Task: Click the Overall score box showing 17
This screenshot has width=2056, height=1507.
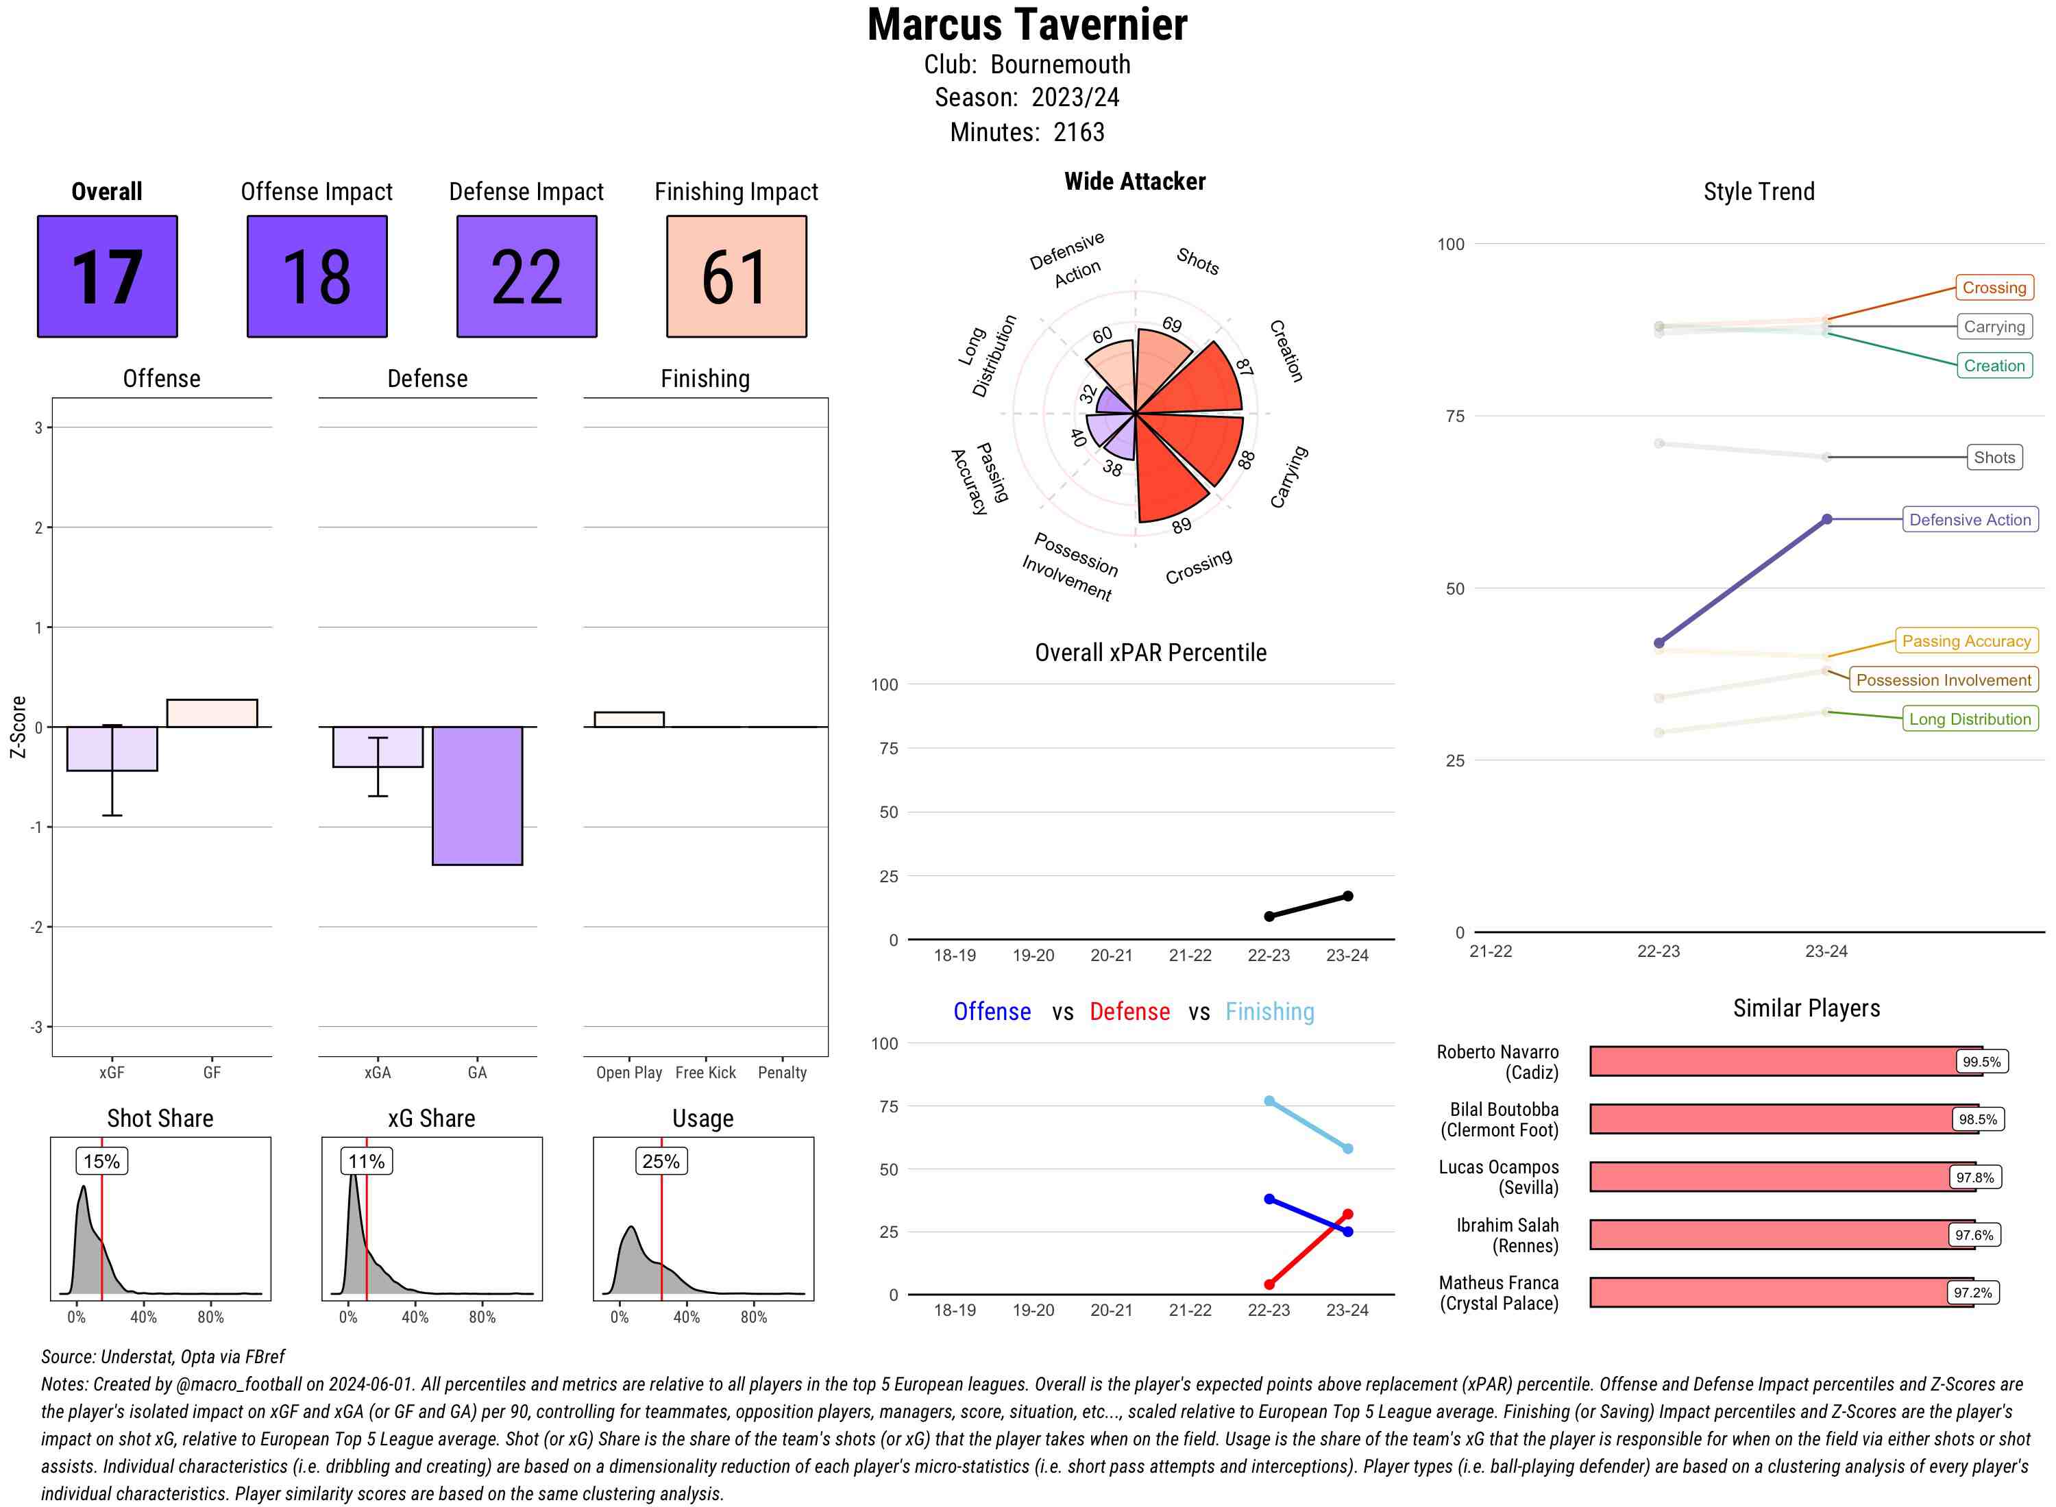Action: click(x=107, y=277)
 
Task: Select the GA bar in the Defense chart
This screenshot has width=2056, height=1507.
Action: click(x=476, y=795)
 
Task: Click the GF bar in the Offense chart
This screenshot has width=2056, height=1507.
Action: click(x=212, y=712)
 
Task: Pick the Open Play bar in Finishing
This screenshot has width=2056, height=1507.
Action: click(x=628, y=719)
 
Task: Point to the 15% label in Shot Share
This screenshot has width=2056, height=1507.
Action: click(x=101, y=1161)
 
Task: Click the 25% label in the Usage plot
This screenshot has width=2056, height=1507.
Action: click(x=661, y=1161)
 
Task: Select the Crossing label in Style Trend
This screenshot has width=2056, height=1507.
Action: click(x=1993, y=287)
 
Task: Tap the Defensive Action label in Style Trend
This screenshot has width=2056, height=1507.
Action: click(x=1970, y=519)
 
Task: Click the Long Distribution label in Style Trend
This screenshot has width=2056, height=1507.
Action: click(x=1970, y=719)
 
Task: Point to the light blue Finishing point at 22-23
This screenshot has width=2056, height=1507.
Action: click(x=1269, y=1101)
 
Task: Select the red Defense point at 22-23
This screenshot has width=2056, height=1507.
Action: click(x=1269, y=1284)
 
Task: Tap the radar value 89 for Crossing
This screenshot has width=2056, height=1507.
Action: click(x=1181, y=525)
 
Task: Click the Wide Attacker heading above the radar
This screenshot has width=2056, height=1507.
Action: click(x=1134, y=182)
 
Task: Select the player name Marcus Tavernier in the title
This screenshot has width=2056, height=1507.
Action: click(x=1027, y=25)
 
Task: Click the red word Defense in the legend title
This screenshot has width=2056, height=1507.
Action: click(x=1129, y=1012)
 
